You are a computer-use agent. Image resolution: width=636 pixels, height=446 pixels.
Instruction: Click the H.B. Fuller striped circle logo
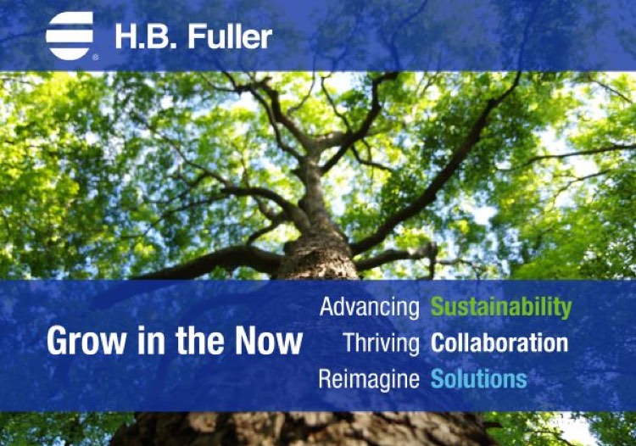pos(70,36)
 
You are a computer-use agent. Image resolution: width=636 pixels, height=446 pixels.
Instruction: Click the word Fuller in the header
pos(230,36)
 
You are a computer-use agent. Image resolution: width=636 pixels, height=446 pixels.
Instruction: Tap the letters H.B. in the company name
pos(148,37)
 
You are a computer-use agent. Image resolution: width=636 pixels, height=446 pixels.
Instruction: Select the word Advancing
pos(370,307)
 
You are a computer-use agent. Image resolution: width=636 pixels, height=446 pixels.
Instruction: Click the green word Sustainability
pos(501,307)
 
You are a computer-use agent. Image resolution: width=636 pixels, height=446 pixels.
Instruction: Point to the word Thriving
pos(381,343)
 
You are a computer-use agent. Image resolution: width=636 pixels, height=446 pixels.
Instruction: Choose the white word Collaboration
pos(499,343)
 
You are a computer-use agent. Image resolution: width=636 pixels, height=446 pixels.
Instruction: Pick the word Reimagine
pos(369,379)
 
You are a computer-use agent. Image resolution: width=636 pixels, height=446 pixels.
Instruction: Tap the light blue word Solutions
pos(479,379)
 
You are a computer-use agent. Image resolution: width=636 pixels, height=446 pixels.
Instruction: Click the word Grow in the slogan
pos(86,341)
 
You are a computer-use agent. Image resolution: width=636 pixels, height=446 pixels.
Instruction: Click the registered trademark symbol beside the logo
pos(95,58)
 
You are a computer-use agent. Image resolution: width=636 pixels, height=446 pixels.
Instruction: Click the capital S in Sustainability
pos(438,307)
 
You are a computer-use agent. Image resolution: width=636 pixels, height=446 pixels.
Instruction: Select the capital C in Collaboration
pos(438,343)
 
